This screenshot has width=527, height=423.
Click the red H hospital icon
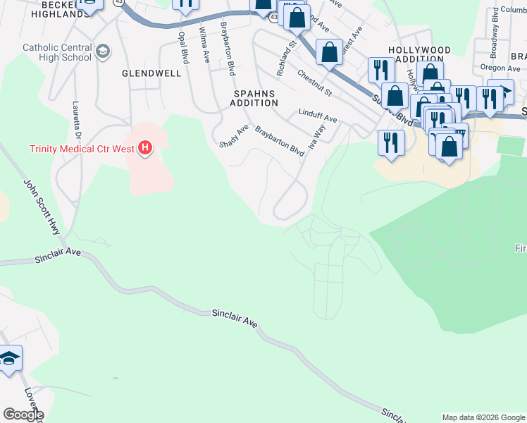145,148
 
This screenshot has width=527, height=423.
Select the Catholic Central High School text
57,53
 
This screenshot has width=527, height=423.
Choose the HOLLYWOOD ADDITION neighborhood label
419,56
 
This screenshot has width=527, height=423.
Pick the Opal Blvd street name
183,48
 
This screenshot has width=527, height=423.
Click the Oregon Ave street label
500,68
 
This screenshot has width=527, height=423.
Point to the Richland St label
286,59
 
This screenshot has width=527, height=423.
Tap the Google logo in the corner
23,414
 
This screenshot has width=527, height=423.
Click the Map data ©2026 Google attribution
483,417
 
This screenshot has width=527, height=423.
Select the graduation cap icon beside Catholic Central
103,51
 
